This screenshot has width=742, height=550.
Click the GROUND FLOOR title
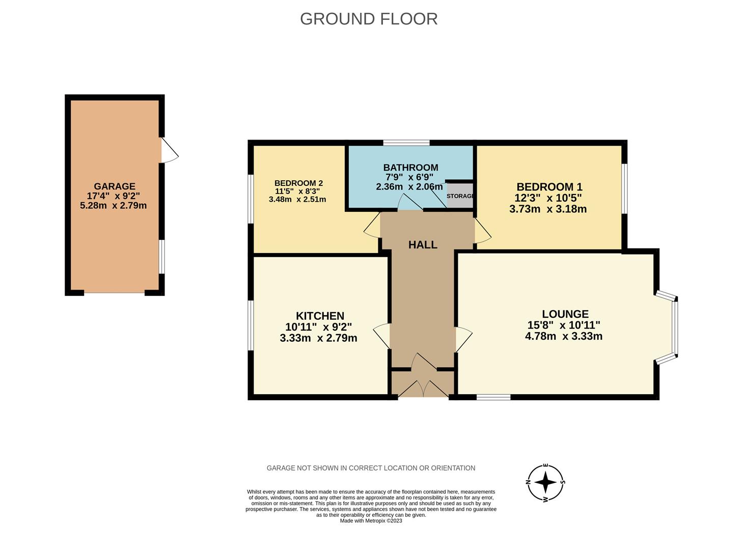pyautogui.click(x=369, y=19)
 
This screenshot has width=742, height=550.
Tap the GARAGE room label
pyautogui.click(x=115, y=186)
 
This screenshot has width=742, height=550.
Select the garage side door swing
pyautogui.click(x=170, y=150)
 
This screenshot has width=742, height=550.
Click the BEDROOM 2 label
pyautogui.click(x=298, y=183)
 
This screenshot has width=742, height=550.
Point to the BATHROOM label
pyautogui.click(x=410, y=167)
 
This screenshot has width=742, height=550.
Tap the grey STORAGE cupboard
pyautogui.click(x=460, y=196)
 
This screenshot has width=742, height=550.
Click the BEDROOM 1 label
pyautogui.click(x=549, y=187)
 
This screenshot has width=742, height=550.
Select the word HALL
pyautogui.click(x=423, y=244)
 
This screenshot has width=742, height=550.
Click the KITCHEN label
pyautogui.click(x=320, y=316)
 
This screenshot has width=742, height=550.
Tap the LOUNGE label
pyautogui.click(x=565, y=314)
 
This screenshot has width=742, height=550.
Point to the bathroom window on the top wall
pyautogui.click(x=406, y=143)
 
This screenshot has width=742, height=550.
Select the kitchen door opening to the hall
pyautogui.click(x=382, y=336)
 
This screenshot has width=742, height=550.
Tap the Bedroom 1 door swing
pyautogui.click(x=483, y=231)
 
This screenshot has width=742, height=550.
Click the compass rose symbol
pyautogui.click(x=545, y=482)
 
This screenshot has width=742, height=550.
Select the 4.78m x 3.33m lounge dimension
pyautogui.click(x=564, y=336)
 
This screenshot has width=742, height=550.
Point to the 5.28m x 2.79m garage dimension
pyautogui.click(x=114, y=205)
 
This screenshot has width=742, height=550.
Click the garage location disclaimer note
pyautogui.click(x=371, y=468)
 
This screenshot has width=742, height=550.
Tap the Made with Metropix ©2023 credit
pyautogui.click(x=371, y=521)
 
